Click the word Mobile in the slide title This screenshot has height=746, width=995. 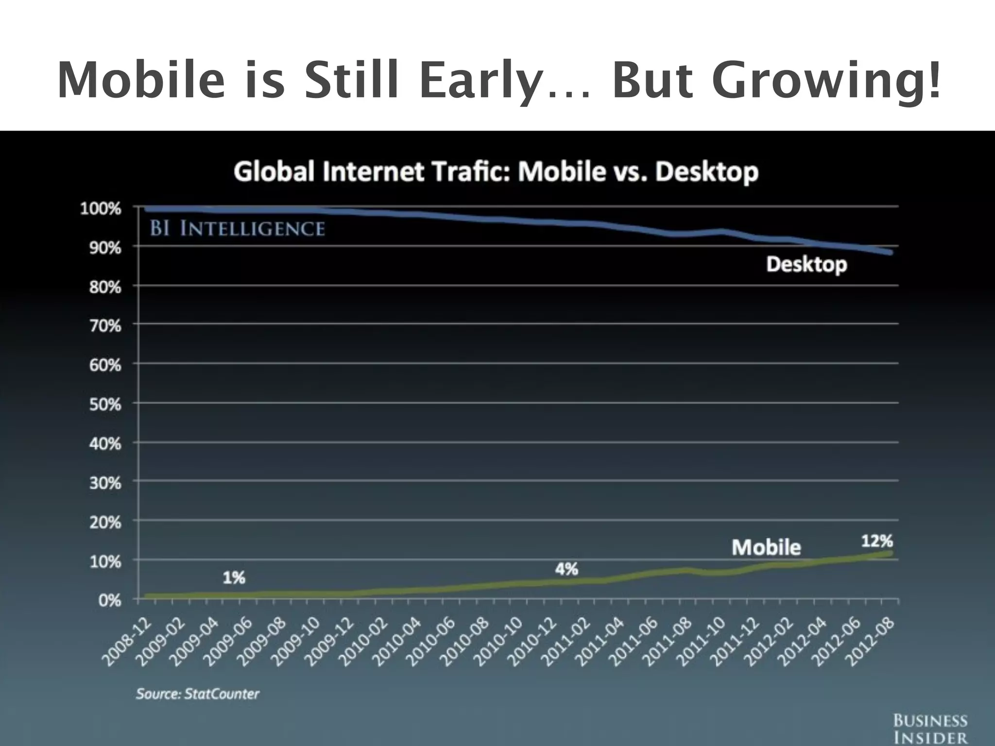[141, 80]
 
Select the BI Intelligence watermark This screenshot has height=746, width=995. [237, 228]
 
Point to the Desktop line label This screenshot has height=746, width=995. [806, 265]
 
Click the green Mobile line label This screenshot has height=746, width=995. [766, 547]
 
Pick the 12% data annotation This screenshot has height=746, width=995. [876, 541]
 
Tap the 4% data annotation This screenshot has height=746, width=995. [566, 569]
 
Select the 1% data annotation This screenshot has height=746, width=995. [234, 577]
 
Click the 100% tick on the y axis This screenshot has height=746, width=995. [100, 209]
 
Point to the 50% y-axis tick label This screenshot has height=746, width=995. [104, 404]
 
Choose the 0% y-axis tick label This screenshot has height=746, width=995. [109, 601]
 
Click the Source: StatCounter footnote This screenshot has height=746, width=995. [197, 694]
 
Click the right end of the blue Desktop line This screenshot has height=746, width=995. [890, 252]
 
